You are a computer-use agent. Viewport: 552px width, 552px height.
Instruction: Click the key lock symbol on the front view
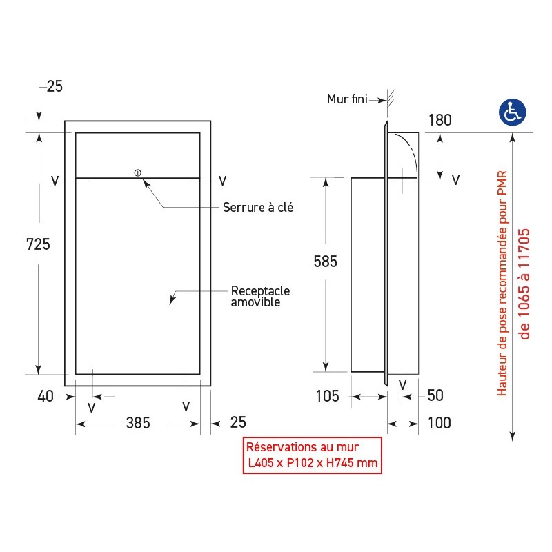[x=137, y=172]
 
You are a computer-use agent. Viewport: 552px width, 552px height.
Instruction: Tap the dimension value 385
[x=138, y=423]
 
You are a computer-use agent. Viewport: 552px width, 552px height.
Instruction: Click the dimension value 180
[x=440, y=120]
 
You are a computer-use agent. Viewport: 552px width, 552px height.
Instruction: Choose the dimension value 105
[x=327, y=396]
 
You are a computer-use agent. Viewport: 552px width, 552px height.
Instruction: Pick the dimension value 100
[x=438, y=423]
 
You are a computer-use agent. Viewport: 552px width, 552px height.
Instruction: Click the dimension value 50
[x=435, y=396]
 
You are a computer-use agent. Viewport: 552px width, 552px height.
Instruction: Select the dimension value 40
[x=46, y=396]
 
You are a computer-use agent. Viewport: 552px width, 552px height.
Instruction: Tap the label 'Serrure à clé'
[x=258, y=207]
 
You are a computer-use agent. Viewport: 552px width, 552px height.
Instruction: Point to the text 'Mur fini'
[x=347, y=99]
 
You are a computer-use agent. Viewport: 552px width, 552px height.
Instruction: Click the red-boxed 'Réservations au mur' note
[x=313, y=455]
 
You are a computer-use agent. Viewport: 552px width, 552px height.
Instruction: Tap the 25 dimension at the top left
[x=55, y=86]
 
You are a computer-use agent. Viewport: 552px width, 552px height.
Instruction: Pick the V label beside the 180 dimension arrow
[x=455, y=180]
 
